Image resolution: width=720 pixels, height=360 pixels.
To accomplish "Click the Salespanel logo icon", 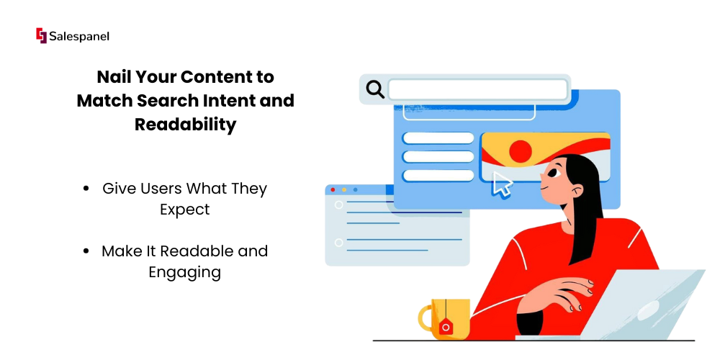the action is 41,36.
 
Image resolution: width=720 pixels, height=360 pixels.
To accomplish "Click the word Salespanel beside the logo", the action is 79,36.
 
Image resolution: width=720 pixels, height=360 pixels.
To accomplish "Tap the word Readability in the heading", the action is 186,125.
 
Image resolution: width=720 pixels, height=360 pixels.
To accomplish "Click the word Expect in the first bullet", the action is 184,210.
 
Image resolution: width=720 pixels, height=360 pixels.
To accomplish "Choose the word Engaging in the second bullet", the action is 184,273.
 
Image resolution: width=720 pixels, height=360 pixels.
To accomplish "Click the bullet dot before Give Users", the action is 86,189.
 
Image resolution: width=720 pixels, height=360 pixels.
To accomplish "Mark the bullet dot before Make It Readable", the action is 86,251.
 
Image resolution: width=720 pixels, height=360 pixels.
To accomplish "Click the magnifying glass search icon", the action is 375,89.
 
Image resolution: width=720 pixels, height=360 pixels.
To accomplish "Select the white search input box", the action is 478,89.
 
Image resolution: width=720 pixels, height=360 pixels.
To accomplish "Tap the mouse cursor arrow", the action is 501,184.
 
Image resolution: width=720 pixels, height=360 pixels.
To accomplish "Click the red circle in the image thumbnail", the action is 521,150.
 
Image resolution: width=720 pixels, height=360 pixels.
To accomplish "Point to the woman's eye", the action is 552,172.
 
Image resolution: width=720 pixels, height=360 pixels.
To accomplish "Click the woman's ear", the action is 576,189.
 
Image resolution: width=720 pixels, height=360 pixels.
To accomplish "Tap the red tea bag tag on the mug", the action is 445,327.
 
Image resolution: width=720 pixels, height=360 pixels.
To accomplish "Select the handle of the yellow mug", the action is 426,318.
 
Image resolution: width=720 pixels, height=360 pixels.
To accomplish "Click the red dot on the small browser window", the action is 333,189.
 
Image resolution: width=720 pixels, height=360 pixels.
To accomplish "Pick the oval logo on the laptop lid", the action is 649,310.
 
